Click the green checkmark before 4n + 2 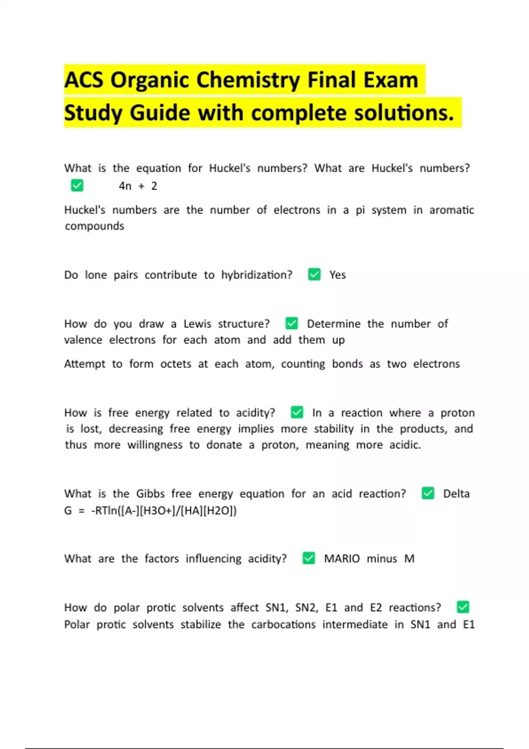(x=77, y=185)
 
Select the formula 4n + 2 (x=138, y=186)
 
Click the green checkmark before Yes (x=314, y=274)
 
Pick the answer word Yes (x=338, y=275)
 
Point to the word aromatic (x=452, y=210)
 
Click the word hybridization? (x=257, y=275)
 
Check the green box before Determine (x=291, y=323)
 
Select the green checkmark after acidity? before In (x=297, y=412)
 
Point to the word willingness (x=155, y=445)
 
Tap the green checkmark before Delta (x=428, y=493)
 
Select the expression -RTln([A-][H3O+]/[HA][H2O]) (x=164, y=511)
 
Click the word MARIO (x=342, y=559)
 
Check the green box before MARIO (x=309, y=558)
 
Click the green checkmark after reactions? (x=463, y=607)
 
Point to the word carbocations (x=283, y=625)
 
